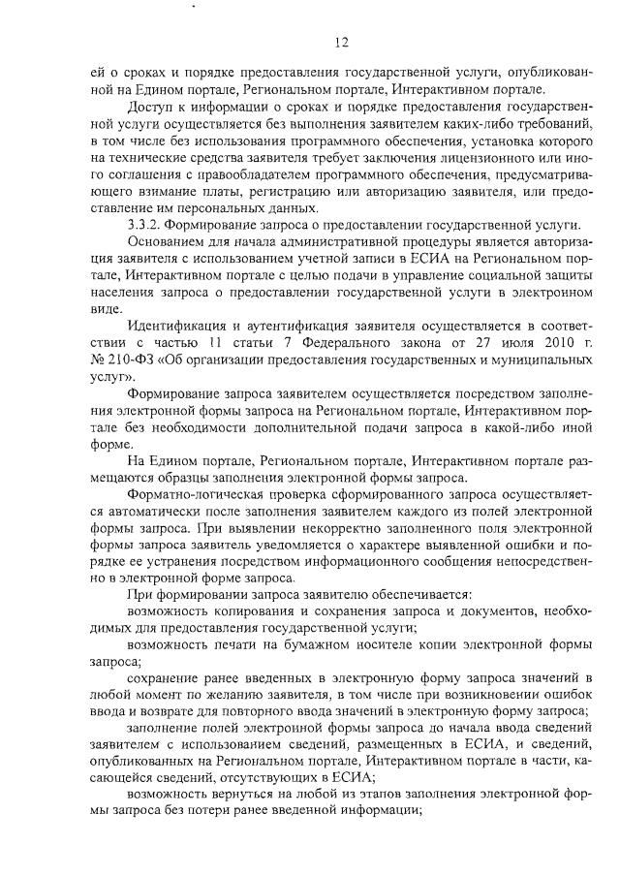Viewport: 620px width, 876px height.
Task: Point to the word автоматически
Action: point(145,509)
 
